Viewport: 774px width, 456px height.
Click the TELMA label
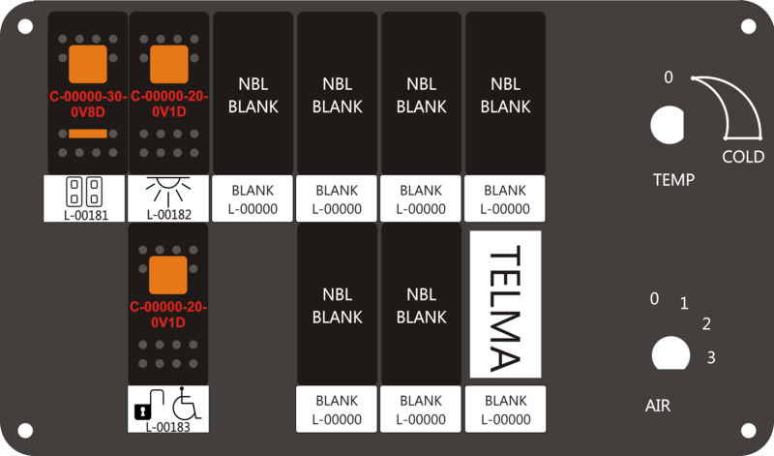coord(505,304)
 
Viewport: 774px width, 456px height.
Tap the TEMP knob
coord(667,125)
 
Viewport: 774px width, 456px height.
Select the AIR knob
coord(670,353)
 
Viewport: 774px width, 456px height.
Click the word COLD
coord(743,157)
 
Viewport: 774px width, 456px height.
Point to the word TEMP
coord(673,179)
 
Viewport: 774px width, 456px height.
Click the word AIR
coord(658,406)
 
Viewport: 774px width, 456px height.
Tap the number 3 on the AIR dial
coord(711,357)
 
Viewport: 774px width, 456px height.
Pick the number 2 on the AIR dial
coord(706,324)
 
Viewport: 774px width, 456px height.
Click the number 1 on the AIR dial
coord(684,303)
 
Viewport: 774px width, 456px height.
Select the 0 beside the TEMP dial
coord(668,77)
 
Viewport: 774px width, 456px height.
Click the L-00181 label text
coord(86,215)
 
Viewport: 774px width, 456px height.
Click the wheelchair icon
coord(186,403)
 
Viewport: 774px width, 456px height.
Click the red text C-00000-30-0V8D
coord(88,105)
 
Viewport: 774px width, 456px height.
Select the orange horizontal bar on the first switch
coord(88,134)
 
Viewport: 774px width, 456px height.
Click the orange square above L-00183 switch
coord(167,275)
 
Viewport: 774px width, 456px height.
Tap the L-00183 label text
coord(167,427)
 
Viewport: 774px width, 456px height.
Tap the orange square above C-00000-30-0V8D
coord(88,64)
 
